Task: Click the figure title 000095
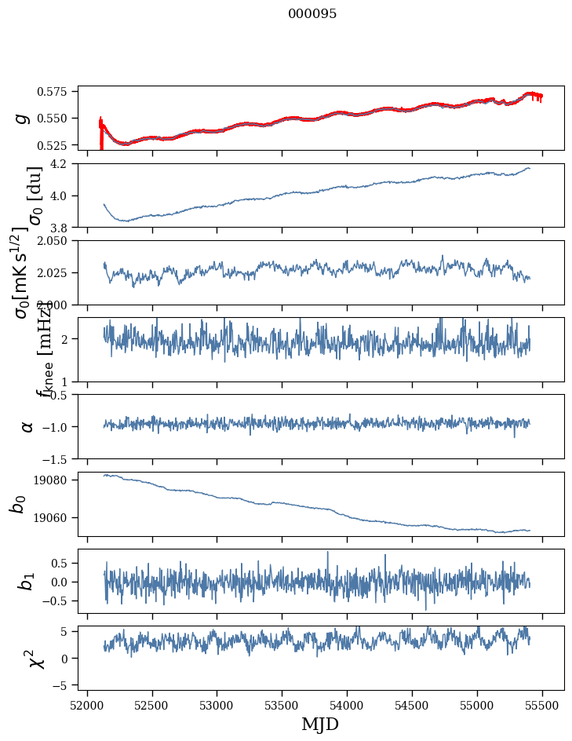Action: (x=312, y=14)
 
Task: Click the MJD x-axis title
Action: (x=320, y=724)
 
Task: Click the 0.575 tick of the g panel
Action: (x=58, y=91)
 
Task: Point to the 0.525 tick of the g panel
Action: (x=58, y=145)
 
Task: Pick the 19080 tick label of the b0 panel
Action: (x=58, y=480)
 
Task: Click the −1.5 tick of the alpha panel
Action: (x=60, y=458)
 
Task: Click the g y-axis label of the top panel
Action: (x=23, y=118)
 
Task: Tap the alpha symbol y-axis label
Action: (x=27, y=426)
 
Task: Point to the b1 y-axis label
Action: (x=27, y=581)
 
